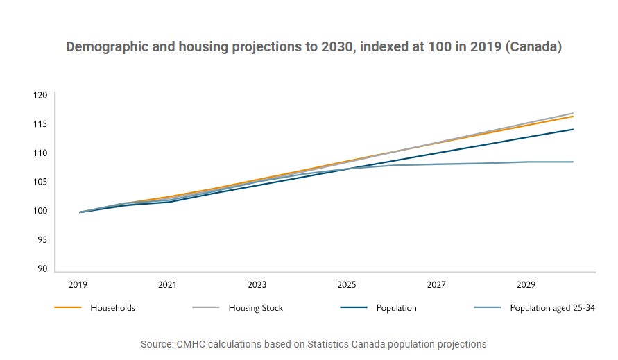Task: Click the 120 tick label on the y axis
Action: [x=40, y=95]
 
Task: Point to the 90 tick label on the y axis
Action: [x=42, y=269]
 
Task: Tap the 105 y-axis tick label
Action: [x=40, y=182]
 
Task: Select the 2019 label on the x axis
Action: [x=78, y=285]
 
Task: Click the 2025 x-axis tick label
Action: [x=346, y=285]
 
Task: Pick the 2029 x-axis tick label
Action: [x=526, y=285]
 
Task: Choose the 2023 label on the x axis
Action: [x=257, y=285]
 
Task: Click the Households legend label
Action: [x=112, y=308]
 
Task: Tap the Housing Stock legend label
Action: [x=255, y=308]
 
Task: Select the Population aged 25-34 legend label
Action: [x=552, y=308]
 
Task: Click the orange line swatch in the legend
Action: [x=68, y=307]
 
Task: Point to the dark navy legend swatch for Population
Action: [x=354, y=307]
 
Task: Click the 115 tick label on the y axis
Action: [x=40, y=123]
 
